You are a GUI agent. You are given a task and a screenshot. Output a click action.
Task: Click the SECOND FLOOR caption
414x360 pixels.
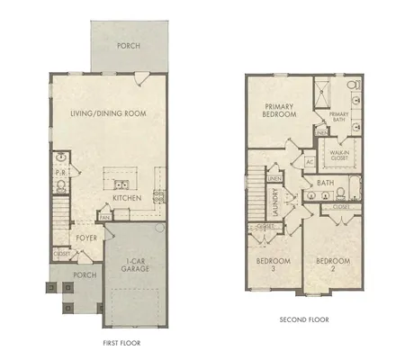pos(302,319)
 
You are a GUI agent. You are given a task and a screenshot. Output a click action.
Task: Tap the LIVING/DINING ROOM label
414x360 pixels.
pos(109,112)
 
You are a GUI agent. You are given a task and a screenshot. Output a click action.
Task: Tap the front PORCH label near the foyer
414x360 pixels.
pos(85,275)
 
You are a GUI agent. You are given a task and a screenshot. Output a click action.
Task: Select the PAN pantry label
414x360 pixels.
pos(104,218)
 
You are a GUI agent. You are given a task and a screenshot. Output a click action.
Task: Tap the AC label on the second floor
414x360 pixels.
pos(309,163)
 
